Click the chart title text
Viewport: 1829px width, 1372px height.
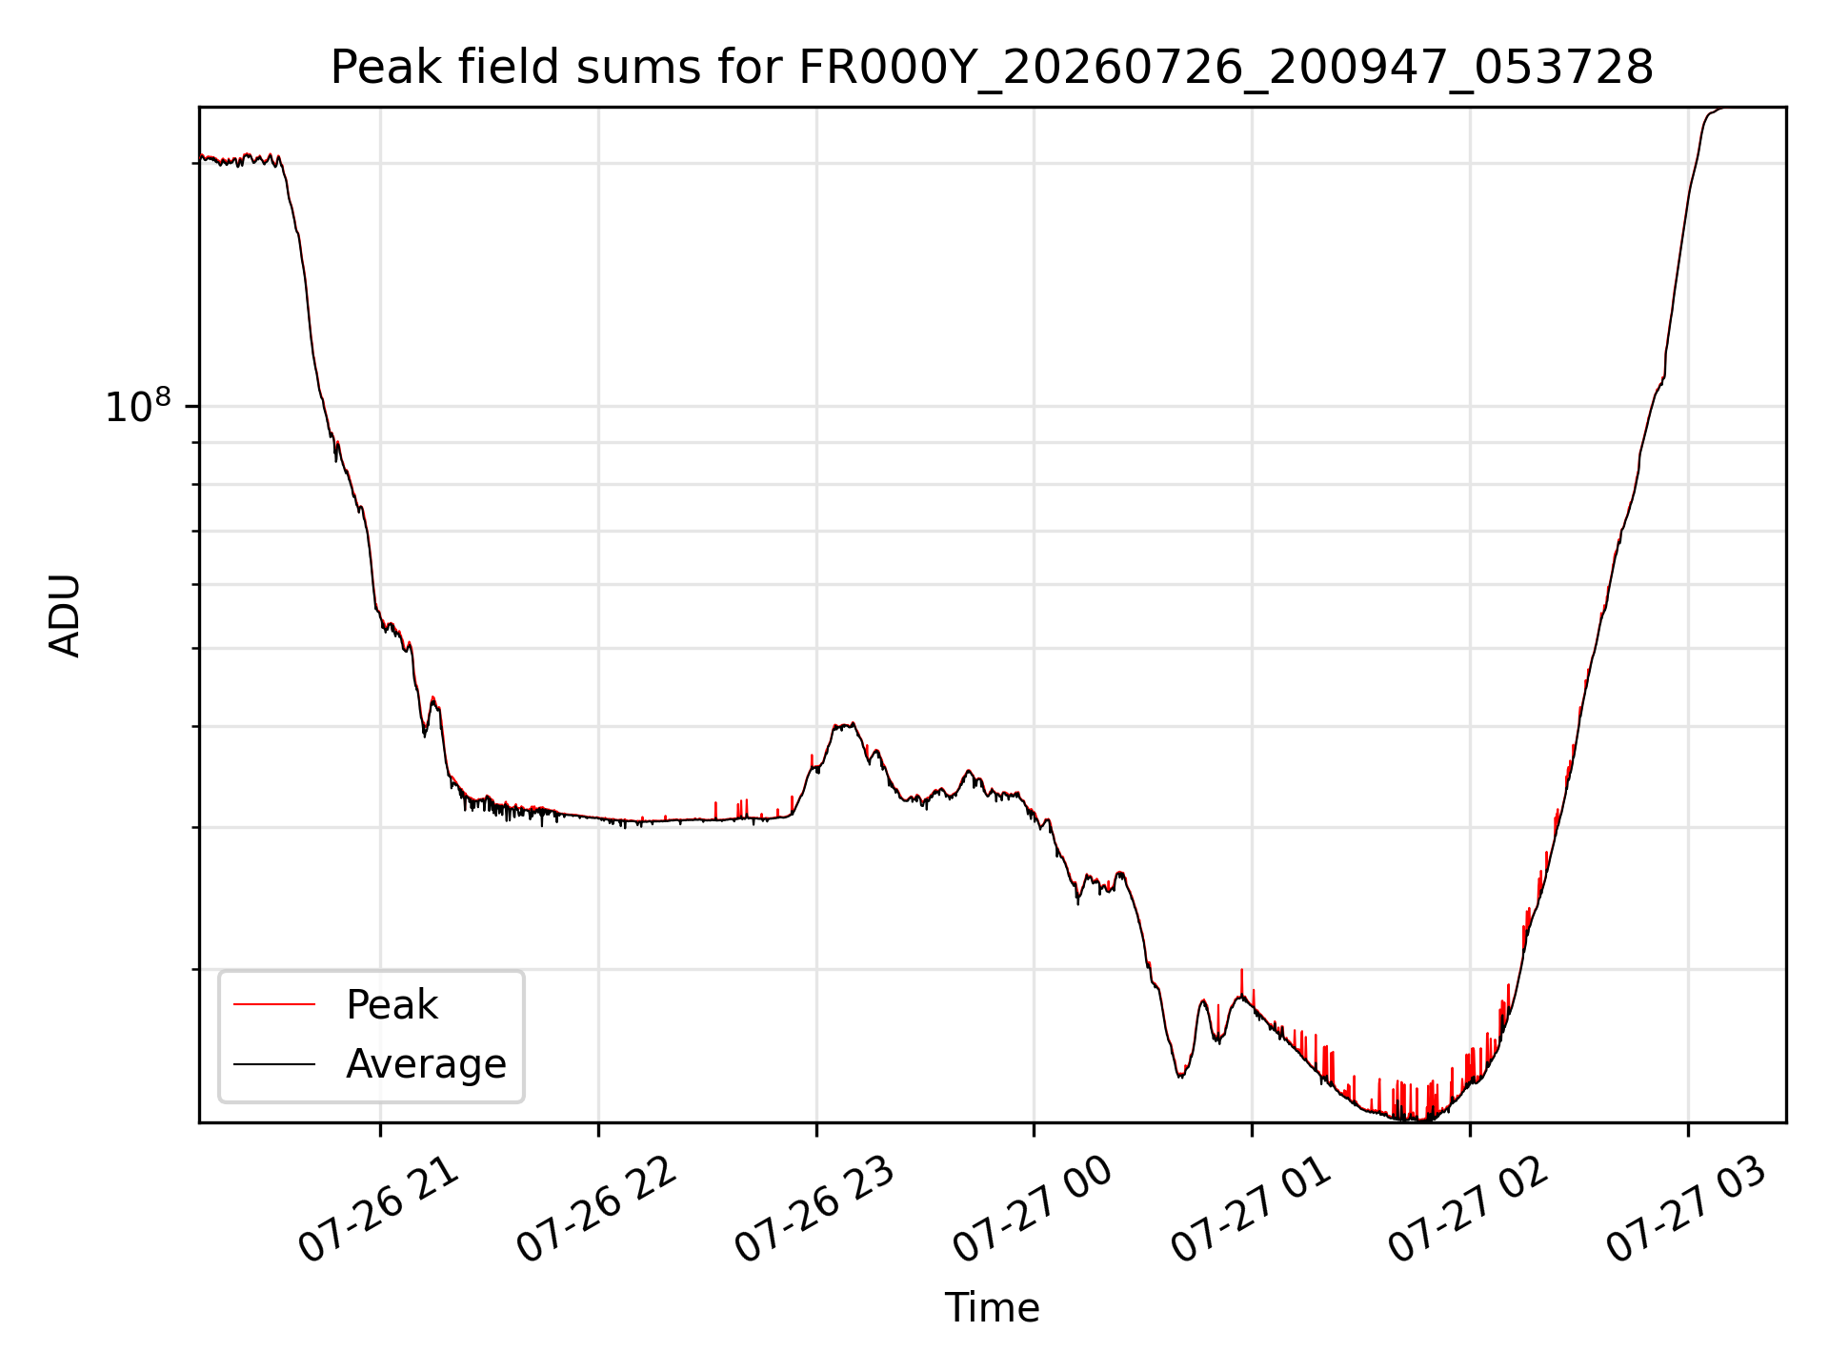pyautogui.click(x=992, y=69)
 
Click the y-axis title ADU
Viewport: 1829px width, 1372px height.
pyautogui.click(x=65, y=615)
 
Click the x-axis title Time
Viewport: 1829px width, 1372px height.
pyautogui.click(x=992, y=1308)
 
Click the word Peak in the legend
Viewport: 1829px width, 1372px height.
pyautogui.click(x=392, y=1005)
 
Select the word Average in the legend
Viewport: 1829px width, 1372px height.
pyautogui.click(x=426, y=1064)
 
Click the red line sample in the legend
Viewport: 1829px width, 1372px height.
pyautogui.click(x=274, y=1004)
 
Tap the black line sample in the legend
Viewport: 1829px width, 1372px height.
pyautogui.click(x=274, y=1063)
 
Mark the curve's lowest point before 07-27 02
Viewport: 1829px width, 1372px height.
pyautogui.click(x=1419, y=1120)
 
